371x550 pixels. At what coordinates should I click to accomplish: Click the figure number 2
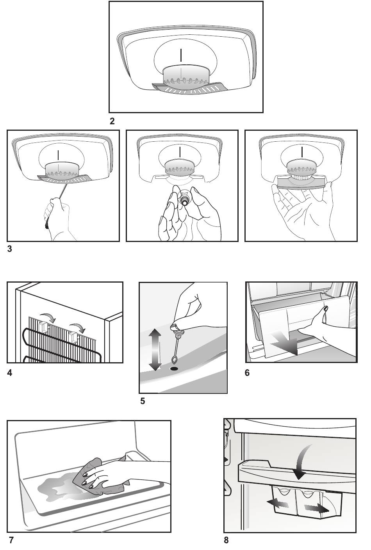(x=112, y=121)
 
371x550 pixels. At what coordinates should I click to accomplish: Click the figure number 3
(x=10, y=249)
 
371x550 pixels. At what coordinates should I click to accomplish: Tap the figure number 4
(x=10, y=373)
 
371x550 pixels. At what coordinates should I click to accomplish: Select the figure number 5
(x=143, y=401)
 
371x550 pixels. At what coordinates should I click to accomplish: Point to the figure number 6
(x=247, y=373)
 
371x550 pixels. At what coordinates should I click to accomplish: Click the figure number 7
(x=11, y=541)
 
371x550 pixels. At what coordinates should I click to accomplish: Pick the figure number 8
(x=227, y=541)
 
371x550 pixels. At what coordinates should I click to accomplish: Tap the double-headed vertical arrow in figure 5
(x=155, y=349)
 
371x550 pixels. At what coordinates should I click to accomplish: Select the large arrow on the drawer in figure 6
(x=287, y=343)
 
